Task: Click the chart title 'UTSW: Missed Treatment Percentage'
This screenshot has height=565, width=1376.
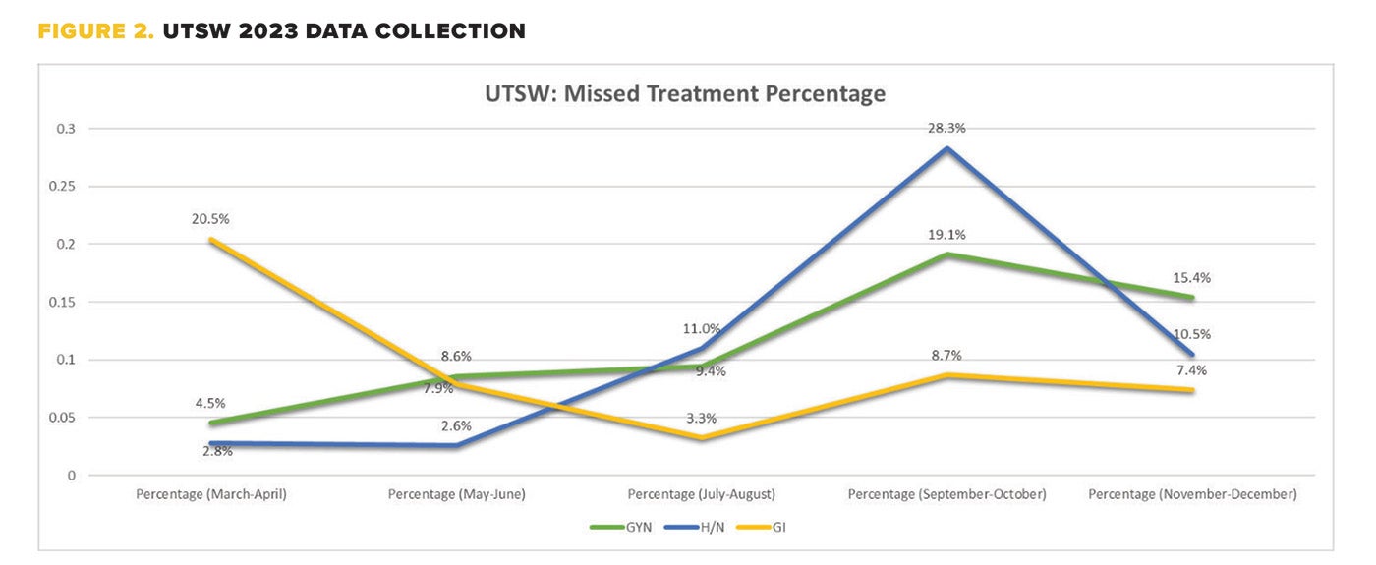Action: click(x=685, y=94)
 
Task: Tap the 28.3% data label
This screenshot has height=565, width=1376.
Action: click(x=947, y=128)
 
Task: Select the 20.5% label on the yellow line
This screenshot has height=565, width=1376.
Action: click(x=210, y=219)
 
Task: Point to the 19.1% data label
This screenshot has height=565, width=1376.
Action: click(x=947, y=235)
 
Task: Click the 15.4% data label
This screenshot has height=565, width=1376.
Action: click(x=1192, y=278)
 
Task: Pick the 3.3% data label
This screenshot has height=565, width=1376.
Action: click(x=701, y=418)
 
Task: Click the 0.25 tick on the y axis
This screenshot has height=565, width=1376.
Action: click(x=67, y=187)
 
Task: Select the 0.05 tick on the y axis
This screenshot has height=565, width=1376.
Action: click(x=67, y=418)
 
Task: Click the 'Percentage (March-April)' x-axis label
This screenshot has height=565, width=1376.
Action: click(x=210, y=494)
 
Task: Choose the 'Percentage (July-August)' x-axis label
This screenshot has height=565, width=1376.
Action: click(x=702, y=494)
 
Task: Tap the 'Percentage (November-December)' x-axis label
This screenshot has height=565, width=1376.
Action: click(x=1192, y=494)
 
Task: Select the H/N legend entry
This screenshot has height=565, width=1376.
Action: click(x=704, y=527)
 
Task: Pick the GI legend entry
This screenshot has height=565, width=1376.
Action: click(x=767, y=527)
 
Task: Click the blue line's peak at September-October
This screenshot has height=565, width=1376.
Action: click(x=946, y=148)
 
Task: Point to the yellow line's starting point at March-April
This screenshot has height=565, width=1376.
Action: click(x=211, y=239)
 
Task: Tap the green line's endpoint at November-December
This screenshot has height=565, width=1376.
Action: click(x=1192, y=297)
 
